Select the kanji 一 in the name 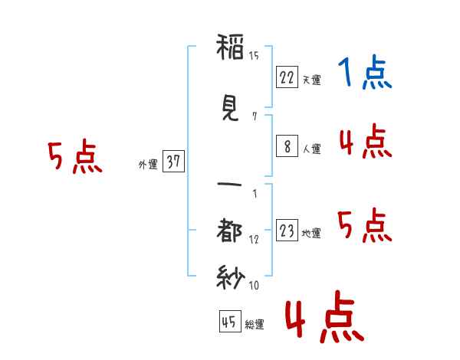click(x=230, y=184)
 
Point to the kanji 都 click(x=230, y=231)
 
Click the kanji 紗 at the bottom click(x=230, y=276)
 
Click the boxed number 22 click(x=287, y=77)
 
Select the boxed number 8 click(x=287, y=147)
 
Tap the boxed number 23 click(x=287, y=231)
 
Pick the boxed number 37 click(x=173, y=162)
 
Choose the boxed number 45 click(x=229, y=322)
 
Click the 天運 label click(x=311, y=80)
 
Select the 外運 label click(x=147, y=164)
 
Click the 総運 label click(x=255, y=325)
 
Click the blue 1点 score click(x=365, y=74)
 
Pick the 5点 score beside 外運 click(x=74, y=157)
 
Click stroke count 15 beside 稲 click(x=254, y=55)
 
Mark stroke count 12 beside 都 click(x=254, y=239)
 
